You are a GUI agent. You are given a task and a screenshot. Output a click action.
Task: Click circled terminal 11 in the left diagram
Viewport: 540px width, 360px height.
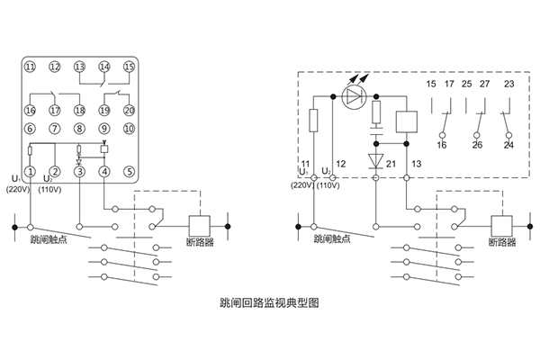(x=30, y=67)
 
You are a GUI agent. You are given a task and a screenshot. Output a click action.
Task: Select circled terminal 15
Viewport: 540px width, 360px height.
(x=130, y=67)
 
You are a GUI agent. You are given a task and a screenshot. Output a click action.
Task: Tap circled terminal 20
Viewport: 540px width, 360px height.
(x=130, y=110)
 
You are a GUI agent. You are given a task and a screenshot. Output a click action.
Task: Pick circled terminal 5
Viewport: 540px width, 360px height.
(x=130, y=171)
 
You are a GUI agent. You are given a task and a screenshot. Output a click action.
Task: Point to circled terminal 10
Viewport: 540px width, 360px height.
(x=130, y=129)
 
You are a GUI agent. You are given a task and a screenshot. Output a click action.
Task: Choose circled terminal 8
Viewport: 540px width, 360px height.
(x=80, y=129)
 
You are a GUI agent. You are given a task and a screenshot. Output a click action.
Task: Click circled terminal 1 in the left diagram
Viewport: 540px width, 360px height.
(x=30, y=171)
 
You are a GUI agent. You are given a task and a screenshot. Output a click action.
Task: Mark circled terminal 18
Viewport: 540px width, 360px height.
(x=80, y=110)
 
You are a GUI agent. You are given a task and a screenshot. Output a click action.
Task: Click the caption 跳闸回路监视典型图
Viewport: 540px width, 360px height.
(x=269, y=303)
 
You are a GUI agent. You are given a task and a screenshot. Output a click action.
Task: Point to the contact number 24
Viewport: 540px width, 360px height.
(x=509, y=144)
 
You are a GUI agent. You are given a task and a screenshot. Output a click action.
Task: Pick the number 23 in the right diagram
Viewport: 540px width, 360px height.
(x=509, y=85)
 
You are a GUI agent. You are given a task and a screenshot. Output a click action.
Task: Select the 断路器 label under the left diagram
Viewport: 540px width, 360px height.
(x=200, y=242)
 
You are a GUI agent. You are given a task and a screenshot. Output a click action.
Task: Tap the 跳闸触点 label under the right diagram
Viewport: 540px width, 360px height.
(x=333, y=240)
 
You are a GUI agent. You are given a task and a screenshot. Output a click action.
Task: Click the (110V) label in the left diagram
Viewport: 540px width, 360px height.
(x=52, y=190)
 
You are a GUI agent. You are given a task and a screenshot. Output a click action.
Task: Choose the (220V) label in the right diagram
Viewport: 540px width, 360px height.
(x=301, y=185)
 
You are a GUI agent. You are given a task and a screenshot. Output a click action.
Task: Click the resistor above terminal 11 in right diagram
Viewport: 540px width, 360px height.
(x=313, y=120)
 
